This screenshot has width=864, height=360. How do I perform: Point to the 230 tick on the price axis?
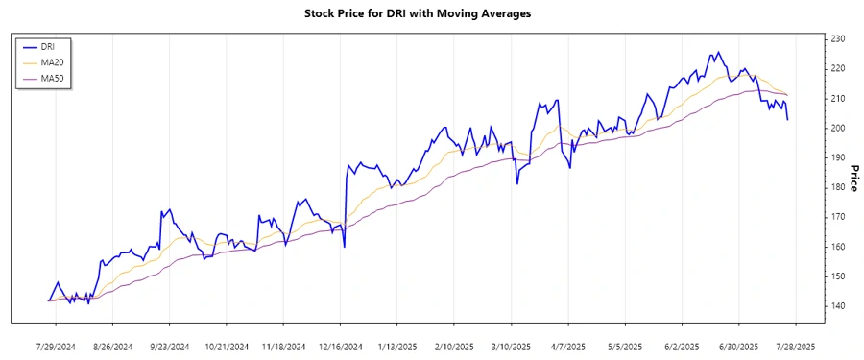pos(838,38)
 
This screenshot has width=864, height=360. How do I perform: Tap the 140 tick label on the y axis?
pos(838,306)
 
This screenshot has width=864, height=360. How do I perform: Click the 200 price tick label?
pos(838,128)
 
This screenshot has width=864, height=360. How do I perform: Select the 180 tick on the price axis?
pos(838,187)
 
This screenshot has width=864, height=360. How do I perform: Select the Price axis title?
pos(852,178)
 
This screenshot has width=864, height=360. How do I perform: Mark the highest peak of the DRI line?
pos(718,53)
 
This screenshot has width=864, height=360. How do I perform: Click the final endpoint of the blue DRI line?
pos(788,119)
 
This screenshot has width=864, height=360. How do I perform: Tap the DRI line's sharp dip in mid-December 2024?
pos(344,247)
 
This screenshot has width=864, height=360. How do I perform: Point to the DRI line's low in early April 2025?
pos(570,168)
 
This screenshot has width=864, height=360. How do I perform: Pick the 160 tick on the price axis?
pos(838,247)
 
